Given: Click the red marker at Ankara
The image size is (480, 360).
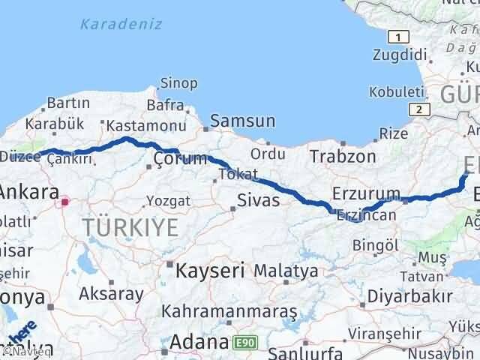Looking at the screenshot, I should tap(65, 201).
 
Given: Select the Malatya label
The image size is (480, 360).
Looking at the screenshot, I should tap(285, 270).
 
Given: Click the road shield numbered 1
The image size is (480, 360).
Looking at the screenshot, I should tap(402, 37).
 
